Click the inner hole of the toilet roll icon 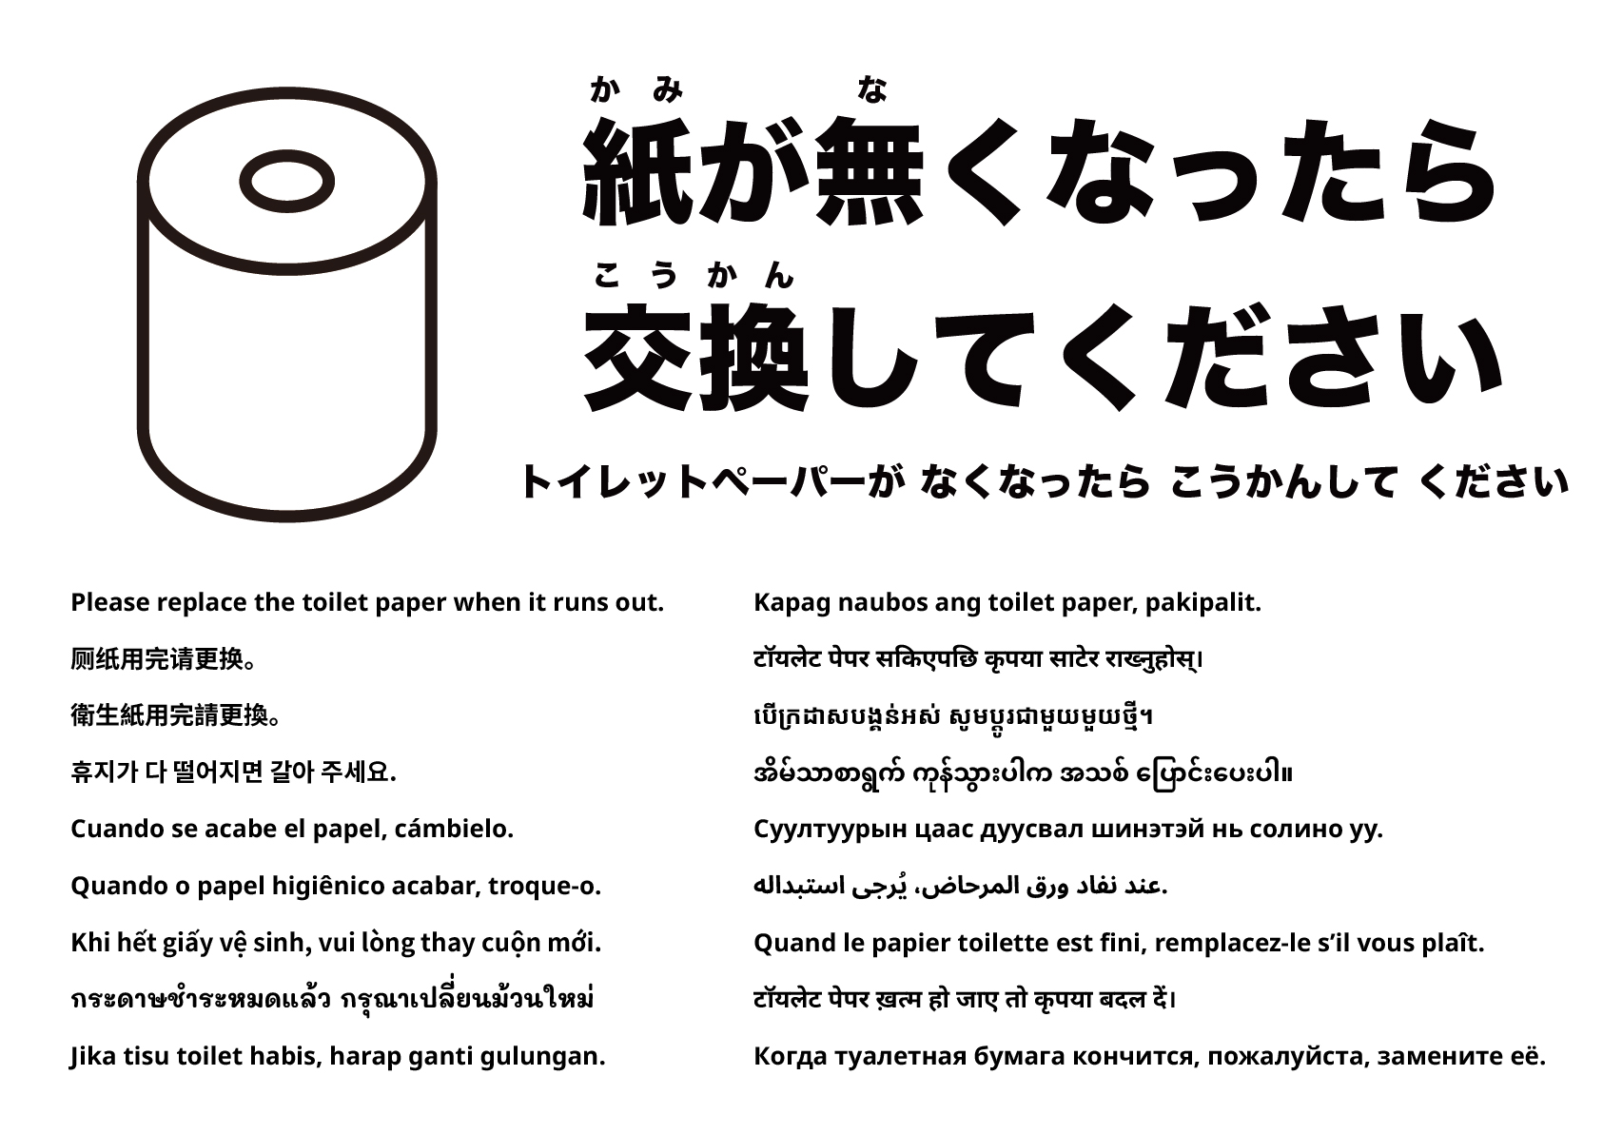[x=287, y=181]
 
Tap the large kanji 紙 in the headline [x=637, y=171]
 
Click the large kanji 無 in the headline [x=868, y=171]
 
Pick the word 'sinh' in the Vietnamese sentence [x=283, y=943]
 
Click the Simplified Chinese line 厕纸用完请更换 [x=164, y=659]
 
